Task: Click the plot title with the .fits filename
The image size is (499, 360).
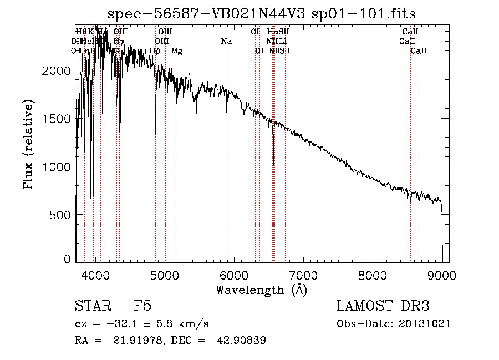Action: click(261, 13)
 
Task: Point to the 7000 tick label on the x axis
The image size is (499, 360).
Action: click(303, 275)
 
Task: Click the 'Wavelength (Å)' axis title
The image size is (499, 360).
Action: click(261, 290)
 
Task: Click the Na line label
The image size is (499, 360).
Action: click(226, 41)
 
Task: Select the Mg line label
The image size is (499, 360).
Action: click(176, 51)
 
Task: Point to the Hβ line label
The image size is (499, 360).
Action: click(155, 51)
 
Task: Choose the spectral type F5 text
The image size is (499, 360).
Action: click(142, 306)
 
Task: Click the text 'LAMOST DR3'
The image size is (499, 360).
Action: click(383, 306)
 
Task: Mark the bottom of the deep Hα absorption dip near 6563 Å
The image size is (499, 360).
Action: click(273, 164)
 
